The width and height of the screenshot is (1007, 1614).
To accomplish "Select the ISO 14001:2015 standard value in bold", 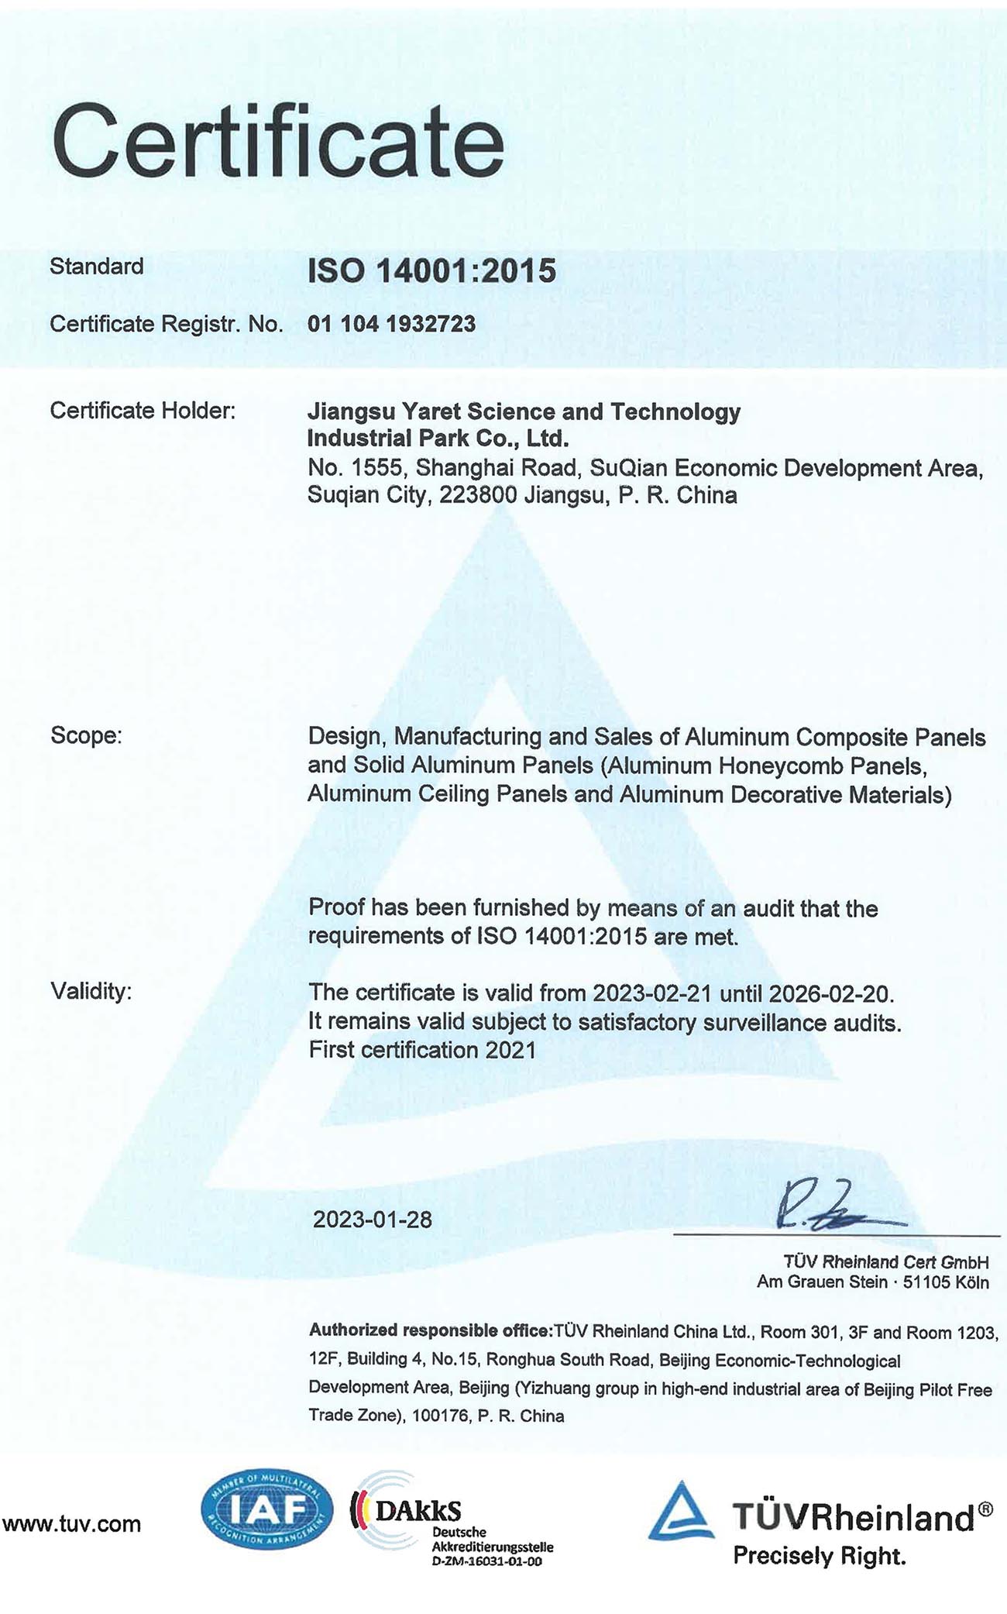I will pyautogui.click(x=431, y=270).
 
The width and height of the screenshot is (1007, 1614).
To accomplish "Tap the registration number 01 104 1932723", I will pyautogui.click(x=391, y=324).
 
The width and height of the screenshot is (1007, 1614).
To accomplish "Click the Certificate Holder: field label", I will pyautogui.click(x=143, y=411).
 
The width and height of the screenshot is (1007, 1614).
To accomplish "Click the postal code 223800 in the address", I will pyautogui.click(x=478, y=495).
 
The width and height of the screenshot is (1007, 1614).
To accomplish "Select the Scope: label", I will pyautogui.click(x=86, y=735).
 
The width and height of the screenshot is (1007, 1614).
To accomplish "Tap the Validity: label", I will pyautogui.click(x=91, y=991).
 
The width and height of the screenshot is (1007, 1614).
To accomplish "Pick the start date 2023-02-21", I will pyautogui.click(x=652, y=993).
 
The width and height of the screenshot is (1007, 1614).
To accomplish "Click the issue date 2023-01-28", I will pyautogui.click(x=372, y=1220).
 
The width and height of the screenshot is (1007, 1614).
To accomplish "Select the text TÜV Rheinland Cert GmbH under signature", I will pyautogui.click(x=885, y=1261).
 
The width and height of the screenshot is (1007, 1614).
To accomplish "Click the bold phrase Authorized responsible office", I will pyautogui.click(x=429, y=1330).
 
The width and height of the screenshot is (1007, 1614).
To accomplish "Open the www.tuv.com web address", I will pyautogui.click(x=71, y=1524).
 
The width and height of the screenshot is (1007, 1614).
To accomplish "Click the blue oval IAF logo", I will pyautogui.click(x=266, y=1509).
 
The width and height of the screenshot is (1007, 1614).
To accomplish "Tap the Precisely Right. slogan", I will pyautogui.click(x=819, y=1556).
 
